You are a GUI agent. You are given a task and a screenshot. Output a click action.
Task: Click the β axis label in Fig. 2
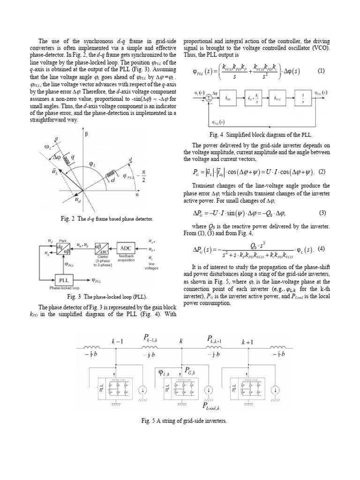click(x=86, y=135)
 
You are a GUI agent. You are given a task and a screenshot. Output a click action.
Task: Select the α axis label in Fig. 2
click(x=137, y=193)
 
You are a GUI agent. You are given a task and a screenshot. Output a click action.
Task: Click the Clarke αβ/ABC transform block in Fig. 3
click(x=103, y=247)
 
